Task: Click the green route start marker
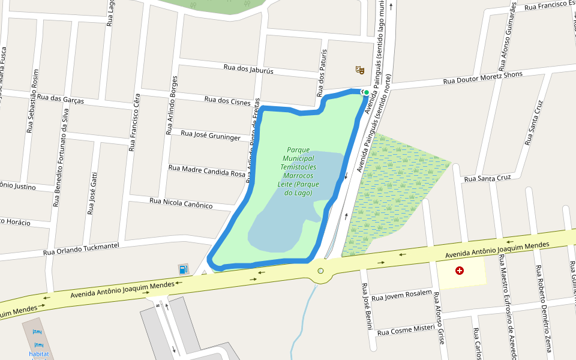tap(365, 92)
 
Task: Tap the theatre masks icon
tap(360, 70)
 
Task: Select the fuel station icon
tap(182, 268)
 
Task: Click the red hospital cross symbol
tap(460, 271)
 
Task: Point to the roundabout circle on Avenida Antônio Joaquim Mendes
tap(320, 271)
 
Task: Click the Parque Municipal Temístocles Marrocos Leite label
tap(298, 171)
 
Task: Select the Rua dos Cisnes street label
tap(227, 100)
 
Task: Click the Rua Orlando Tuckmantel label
tap(81, 249)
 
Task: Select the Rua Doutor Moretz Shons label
tap(482, 77)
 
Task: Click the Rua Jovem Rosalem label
tap(401, 295)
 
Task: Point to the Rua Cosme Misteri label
tap(406, 329)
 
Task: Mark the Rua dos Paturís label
tap(323, 66)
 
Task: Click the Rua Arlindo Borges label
tap(171, 106)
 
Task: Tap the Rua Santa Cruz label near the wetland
tap(487, 178)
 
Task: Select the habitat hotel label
tap(38, 353)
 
